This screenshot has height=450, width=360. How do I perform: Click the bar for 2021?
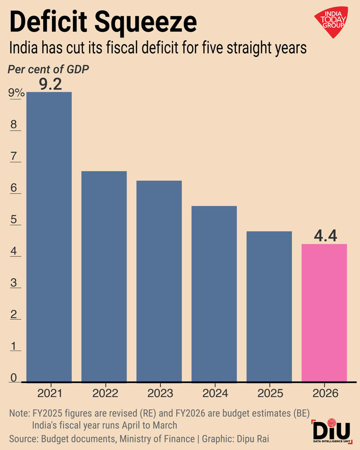tap(49, 237)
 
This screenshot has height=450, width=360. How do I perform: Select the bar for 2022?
tap(104, 277)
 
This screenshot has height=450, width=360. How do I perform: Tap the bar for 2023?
tap(159, 281)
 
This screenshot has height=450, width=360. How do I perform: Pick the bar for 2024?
tap(214, 294)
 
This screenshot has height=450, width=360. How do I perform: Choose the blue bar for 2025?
tap(269, 307)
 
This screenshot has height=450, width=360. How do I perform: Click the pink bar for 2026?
tap(324, 313)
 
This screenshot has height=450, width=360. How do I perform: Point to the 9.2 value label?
tap(51, 84)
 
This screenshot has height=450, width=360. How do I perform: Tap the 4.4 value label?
tap(325, 236)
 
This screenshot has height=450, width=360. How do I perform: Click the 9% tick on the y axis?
tap(16, 93)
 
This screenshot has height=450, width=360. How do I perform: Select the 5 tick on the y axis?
tap(14, 220)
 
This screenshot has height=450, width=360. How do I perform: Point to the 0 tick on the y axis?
tap(14, 378)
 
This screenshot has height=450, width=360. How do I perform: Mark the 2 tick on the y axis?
tap(14, 315)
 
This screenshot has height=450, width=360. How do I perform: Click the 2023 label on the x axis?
tap(160, 393)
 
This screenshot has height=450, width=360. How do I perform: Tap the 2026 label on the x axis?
tap(325, 393)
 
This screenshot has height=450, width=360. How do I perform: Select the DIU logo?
tap(331, 431)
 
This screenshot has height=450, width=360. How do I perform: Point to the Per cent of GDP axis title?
tap(48, 69)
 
